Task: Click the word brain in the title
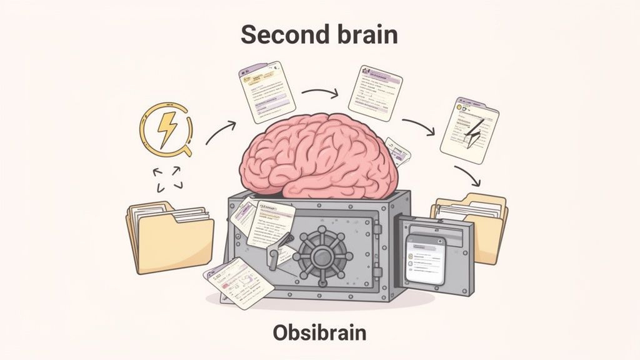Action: (x=364, y=35)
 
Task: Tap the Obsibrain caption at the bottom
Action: (x=319, y=332)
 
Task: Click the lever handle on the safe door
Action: (x=276, y=253)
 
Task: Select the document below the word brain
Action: (x=374, y=93)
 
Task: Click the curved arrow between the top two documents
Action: (x=320, y=93)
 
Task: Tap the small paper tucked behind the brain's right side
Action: (x=399, y=151)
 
